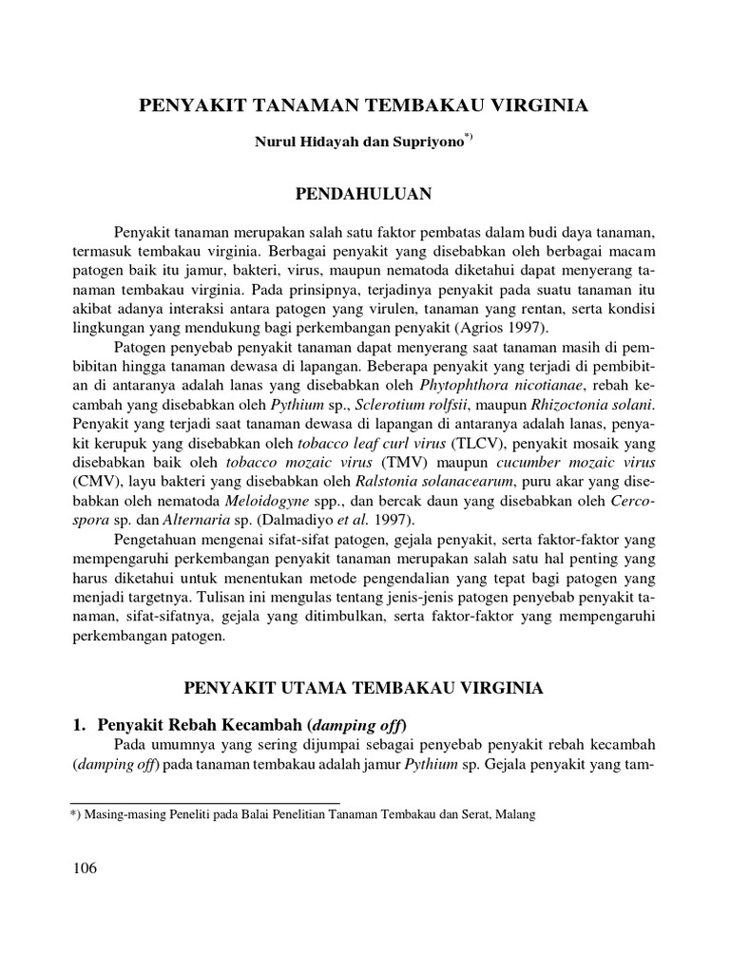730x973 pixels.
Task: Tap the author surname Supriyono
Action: click(x=429, y=143)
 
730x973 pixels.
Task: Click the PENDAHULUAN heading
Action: click(x=365, y=195)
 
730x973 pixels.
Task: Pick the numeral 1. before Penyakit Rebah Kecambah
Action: click(x=79, y=724)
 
